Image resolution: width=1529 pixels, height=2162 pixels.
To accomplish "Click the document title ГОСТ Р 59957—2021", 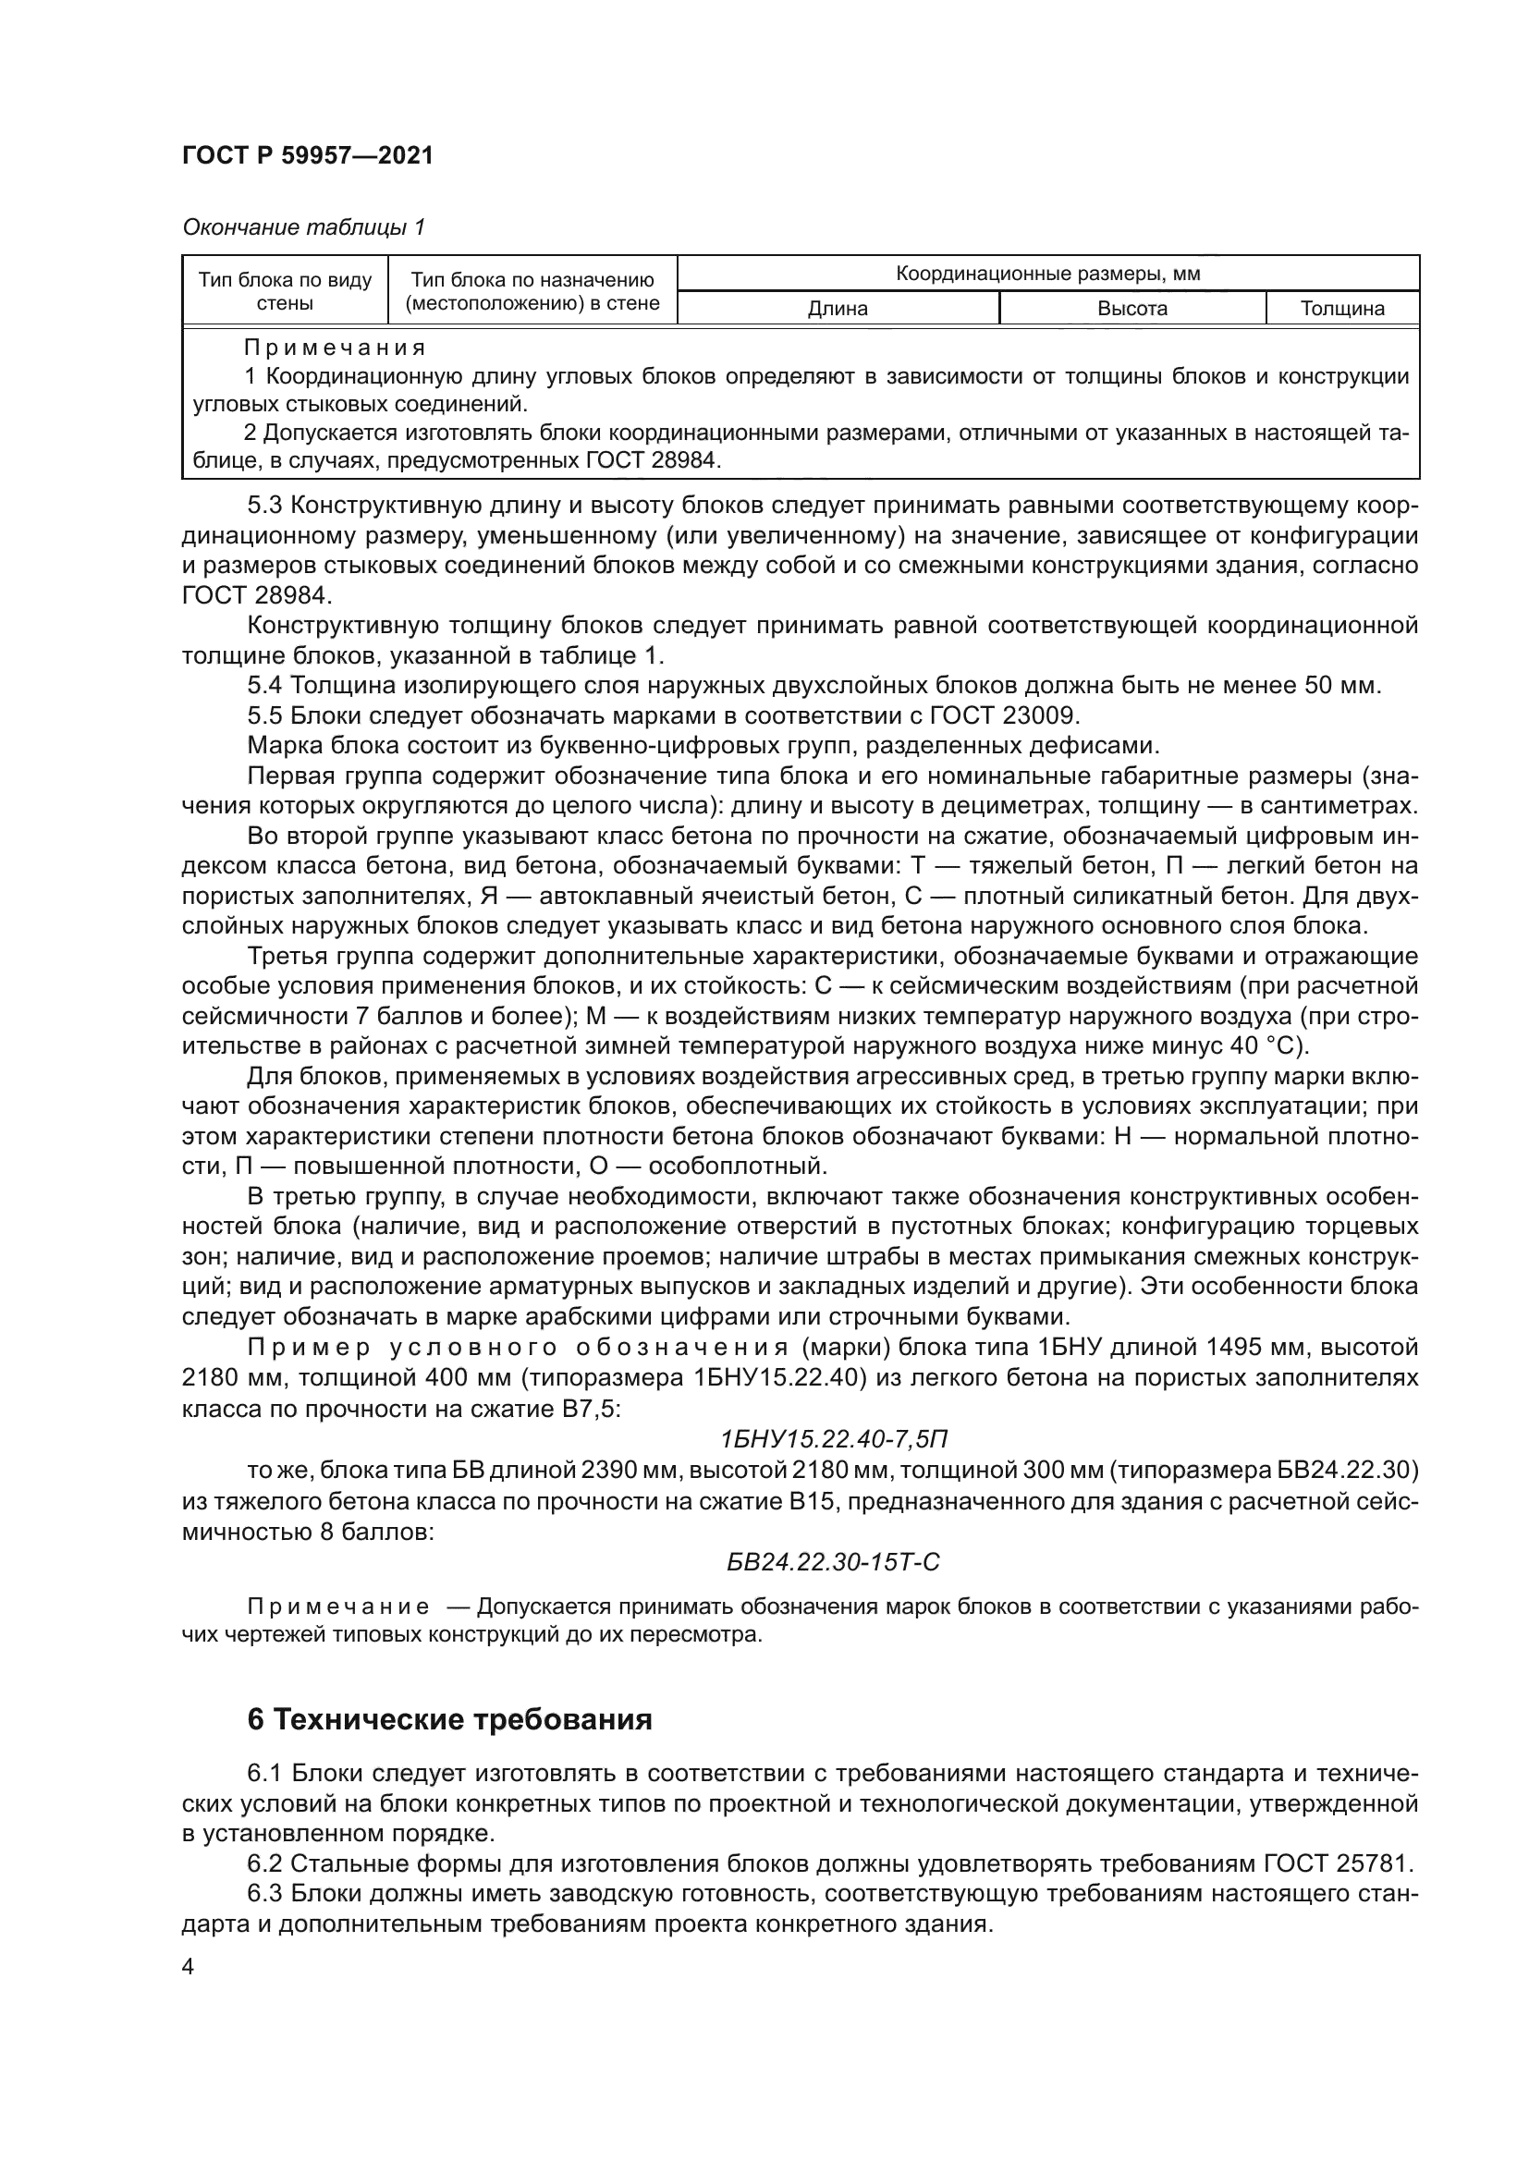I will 308,155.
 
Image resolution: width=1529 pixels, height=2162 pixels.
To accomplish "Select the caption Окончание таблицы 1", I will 303,227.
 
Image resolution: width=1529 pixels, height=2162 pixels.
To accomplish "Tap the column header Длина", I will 837,309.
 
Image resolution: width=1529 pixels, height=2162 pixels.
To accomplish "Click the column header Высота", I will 1131,309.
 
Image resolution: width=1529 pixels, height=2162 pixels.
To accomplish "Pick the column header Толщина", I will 1341,309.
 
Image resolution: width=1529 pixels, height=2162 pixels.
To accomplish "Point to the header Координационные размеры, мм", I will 1047,274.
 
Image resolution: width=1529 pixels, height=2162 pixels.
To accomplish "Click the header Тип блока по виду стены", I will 286,291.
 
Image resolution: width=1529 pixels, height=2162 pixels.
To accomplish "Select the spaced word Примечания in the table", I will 335,348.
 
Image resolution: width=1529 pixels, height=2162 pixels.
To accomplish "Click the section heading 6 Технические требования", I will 449,1720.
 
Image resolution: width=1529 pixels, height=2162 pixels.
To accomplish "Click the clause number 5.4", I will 264,686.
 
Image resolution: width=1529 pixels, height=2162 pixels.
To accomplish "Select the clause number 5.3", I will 264,506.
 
